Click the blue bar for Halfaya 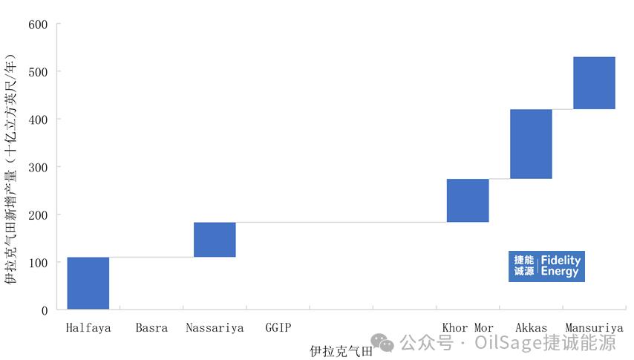pyautogui.click(x=88, y=283)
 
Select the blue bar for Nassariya pyautogui.click(x=215, y=240)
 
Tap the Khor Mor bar pyautogui.click(x=468, y=200)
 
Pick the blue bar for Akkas pyautogui.click(x=531, y=144)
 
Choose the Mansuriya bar pyautogui.click(x=594, y=83)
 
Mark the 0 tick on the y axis pyautogui.click(x=44, y=310)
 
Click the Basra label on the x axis pyautogui.click(x=151, y=327)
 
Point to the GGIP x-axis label pyautogui.click(x=278, y=327)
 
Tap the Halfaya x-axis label pyautogui.click(x=88, y=327)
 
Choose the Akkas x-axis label pyautogui.click(x=531, y=327)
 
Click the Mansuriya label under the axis pyautogui.click(x=594, y=327)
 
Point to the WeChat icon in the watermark pyautogui.click(x=383, y=343)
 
